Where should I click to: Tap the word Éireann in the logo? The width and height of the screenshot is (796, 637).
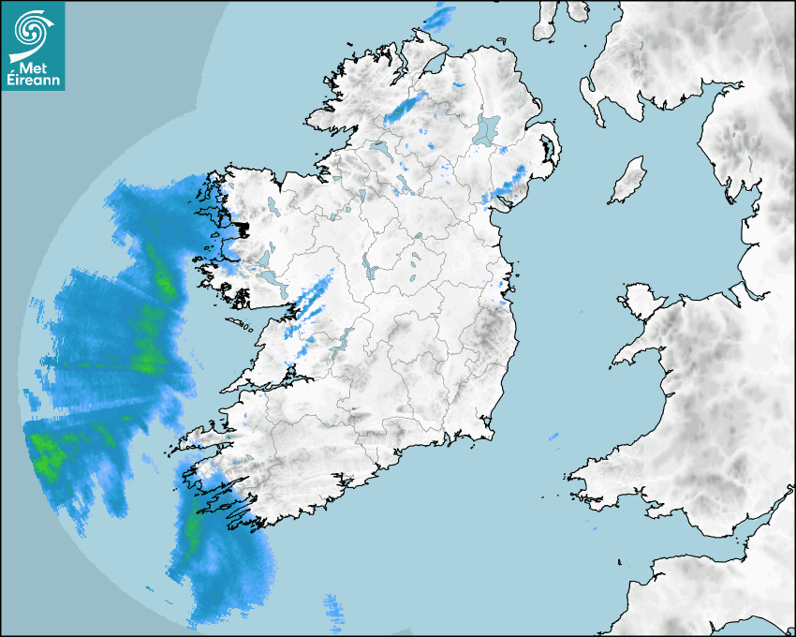[x=33, y=81]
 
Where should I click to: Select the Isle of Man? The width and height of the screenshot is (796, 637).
[x=628, y=181]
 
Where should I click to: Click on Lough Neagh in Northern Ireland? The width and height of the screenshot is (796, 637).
[x=487, y=128]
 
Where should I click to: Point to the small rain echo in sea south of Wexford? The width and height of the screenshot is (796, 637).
[x=553, y=437]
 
